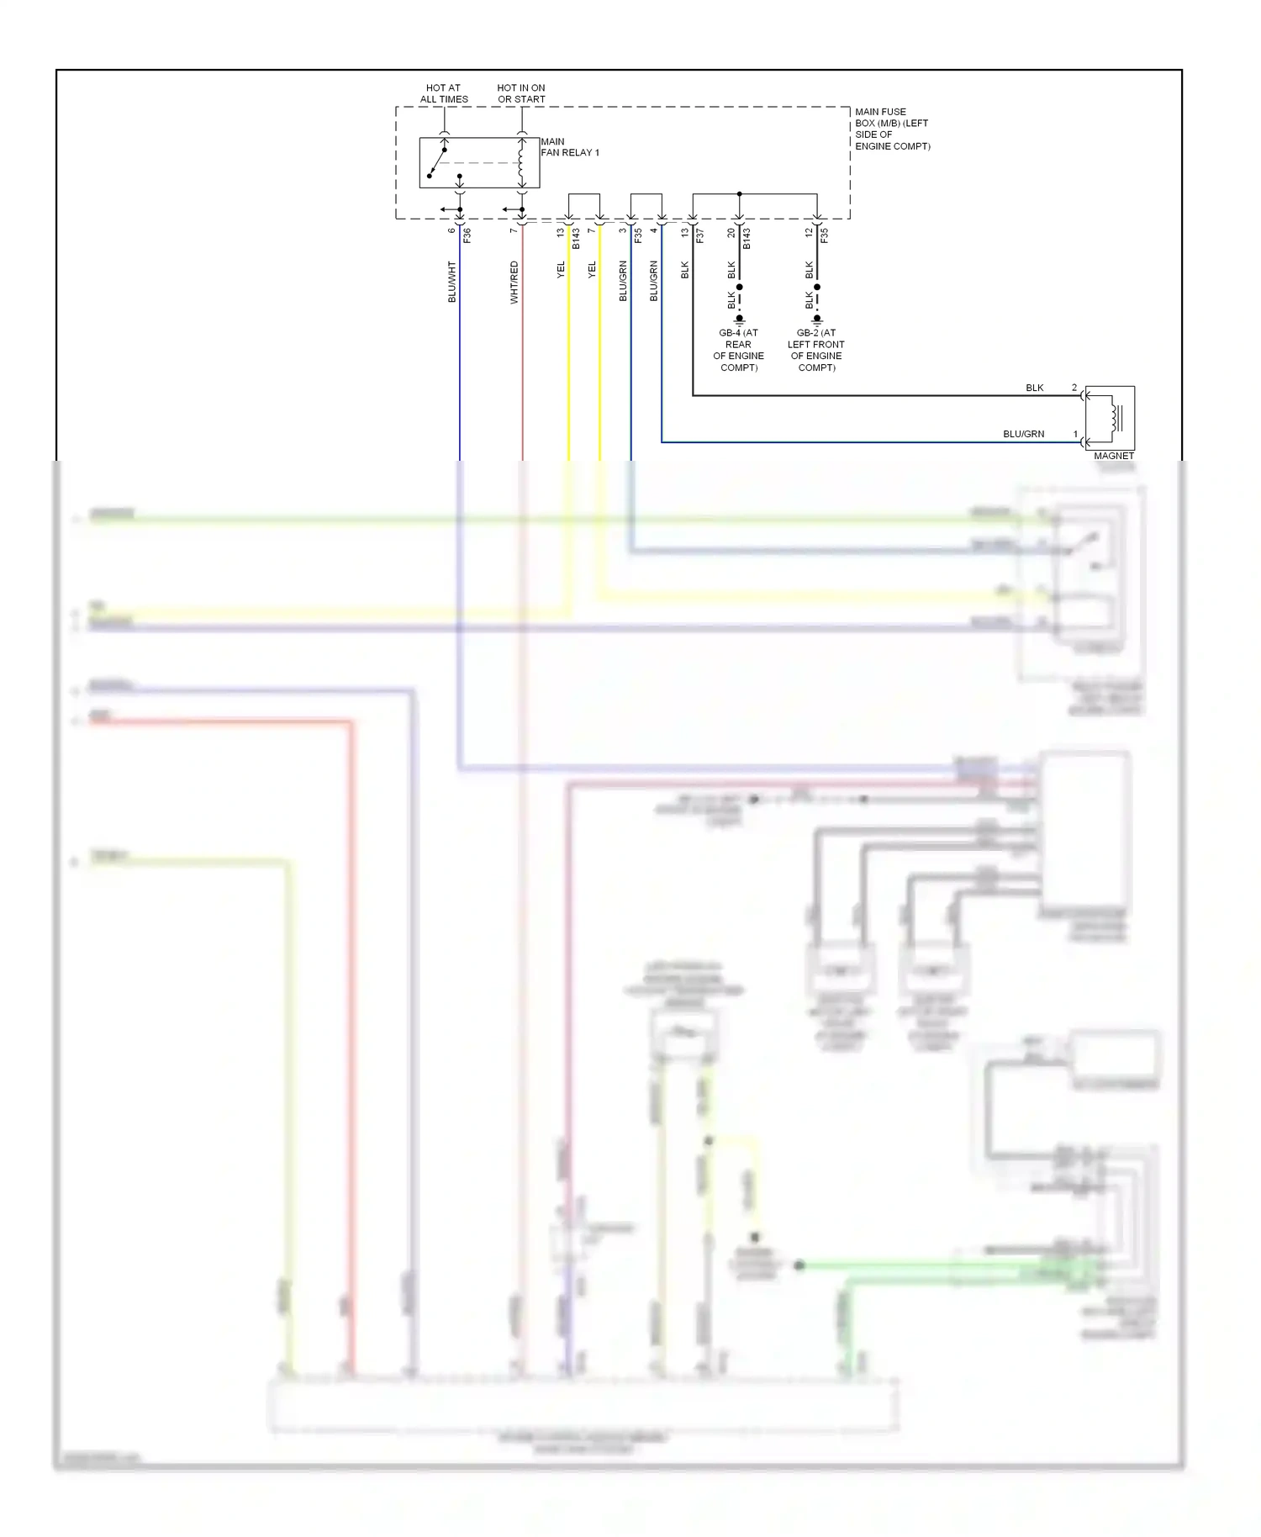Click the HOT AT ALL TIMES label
pos(444,93)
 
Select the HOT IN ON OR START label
pos(521,93)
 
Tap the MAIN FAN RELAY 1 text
pos(569,147)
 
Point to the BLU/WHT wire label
pos(451,282)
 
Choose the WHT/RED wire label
pos(514,283)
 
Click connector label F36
pos(467,236)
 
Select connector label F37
pos(699,236)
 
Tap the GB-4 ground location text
pos(738,350)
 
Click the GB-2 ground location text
pos(815,350)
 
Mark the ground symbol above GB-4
pos(739,320)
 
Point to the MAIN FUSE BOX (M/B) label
pos(891,129)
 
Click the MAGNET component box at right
pos(1110,418)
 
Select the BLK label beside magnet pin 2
pos(1034,388)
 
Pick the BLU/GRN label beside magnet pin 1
pos(1023,434)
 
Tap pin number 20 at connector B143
pos(731,233)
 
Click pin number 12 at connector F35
pos(809,233)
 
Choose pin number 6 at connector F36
pos(451,230)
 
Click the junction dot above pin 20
pos(739,194)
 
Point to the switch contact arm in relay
pos(436,163)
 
